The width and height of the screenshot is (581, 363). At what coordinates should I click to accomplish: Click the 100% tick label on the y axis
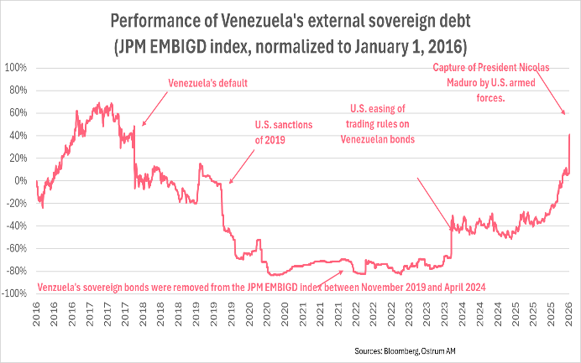tap(16, 68)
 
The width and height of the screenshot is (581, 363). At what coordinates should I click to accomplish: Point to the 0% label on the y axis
tap(20, 181)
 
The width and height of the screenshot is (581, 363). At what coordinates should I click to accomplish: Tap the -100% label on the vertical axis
tap(14, 294)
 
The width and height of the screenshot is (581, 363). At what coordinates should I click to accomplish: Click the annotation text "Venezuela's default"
tap(207, 83)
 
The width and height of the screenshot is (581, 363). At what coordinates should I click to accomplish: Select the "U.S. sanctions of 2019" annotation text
tap(283, 132)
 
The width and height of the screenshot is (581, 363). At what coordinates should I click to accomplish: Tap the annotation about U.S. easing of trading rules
tap(377, 124)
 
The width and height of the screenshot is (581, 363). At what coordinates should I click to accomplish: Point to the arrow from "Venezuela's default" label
tap(155, 109)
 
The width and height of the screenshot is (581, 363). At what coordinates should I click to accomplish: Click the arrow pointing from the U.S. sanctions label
tap(242, 166)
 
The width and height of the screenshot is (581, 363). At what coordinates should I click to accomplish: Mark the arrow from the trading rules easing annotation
tap(434, 203)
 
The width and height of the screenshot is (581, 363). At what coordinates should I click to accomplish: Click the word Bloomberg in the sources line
tap(401, 351)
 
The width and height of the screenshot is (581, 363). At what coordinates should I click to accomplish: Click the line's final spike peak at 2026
tap(569, 135)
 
